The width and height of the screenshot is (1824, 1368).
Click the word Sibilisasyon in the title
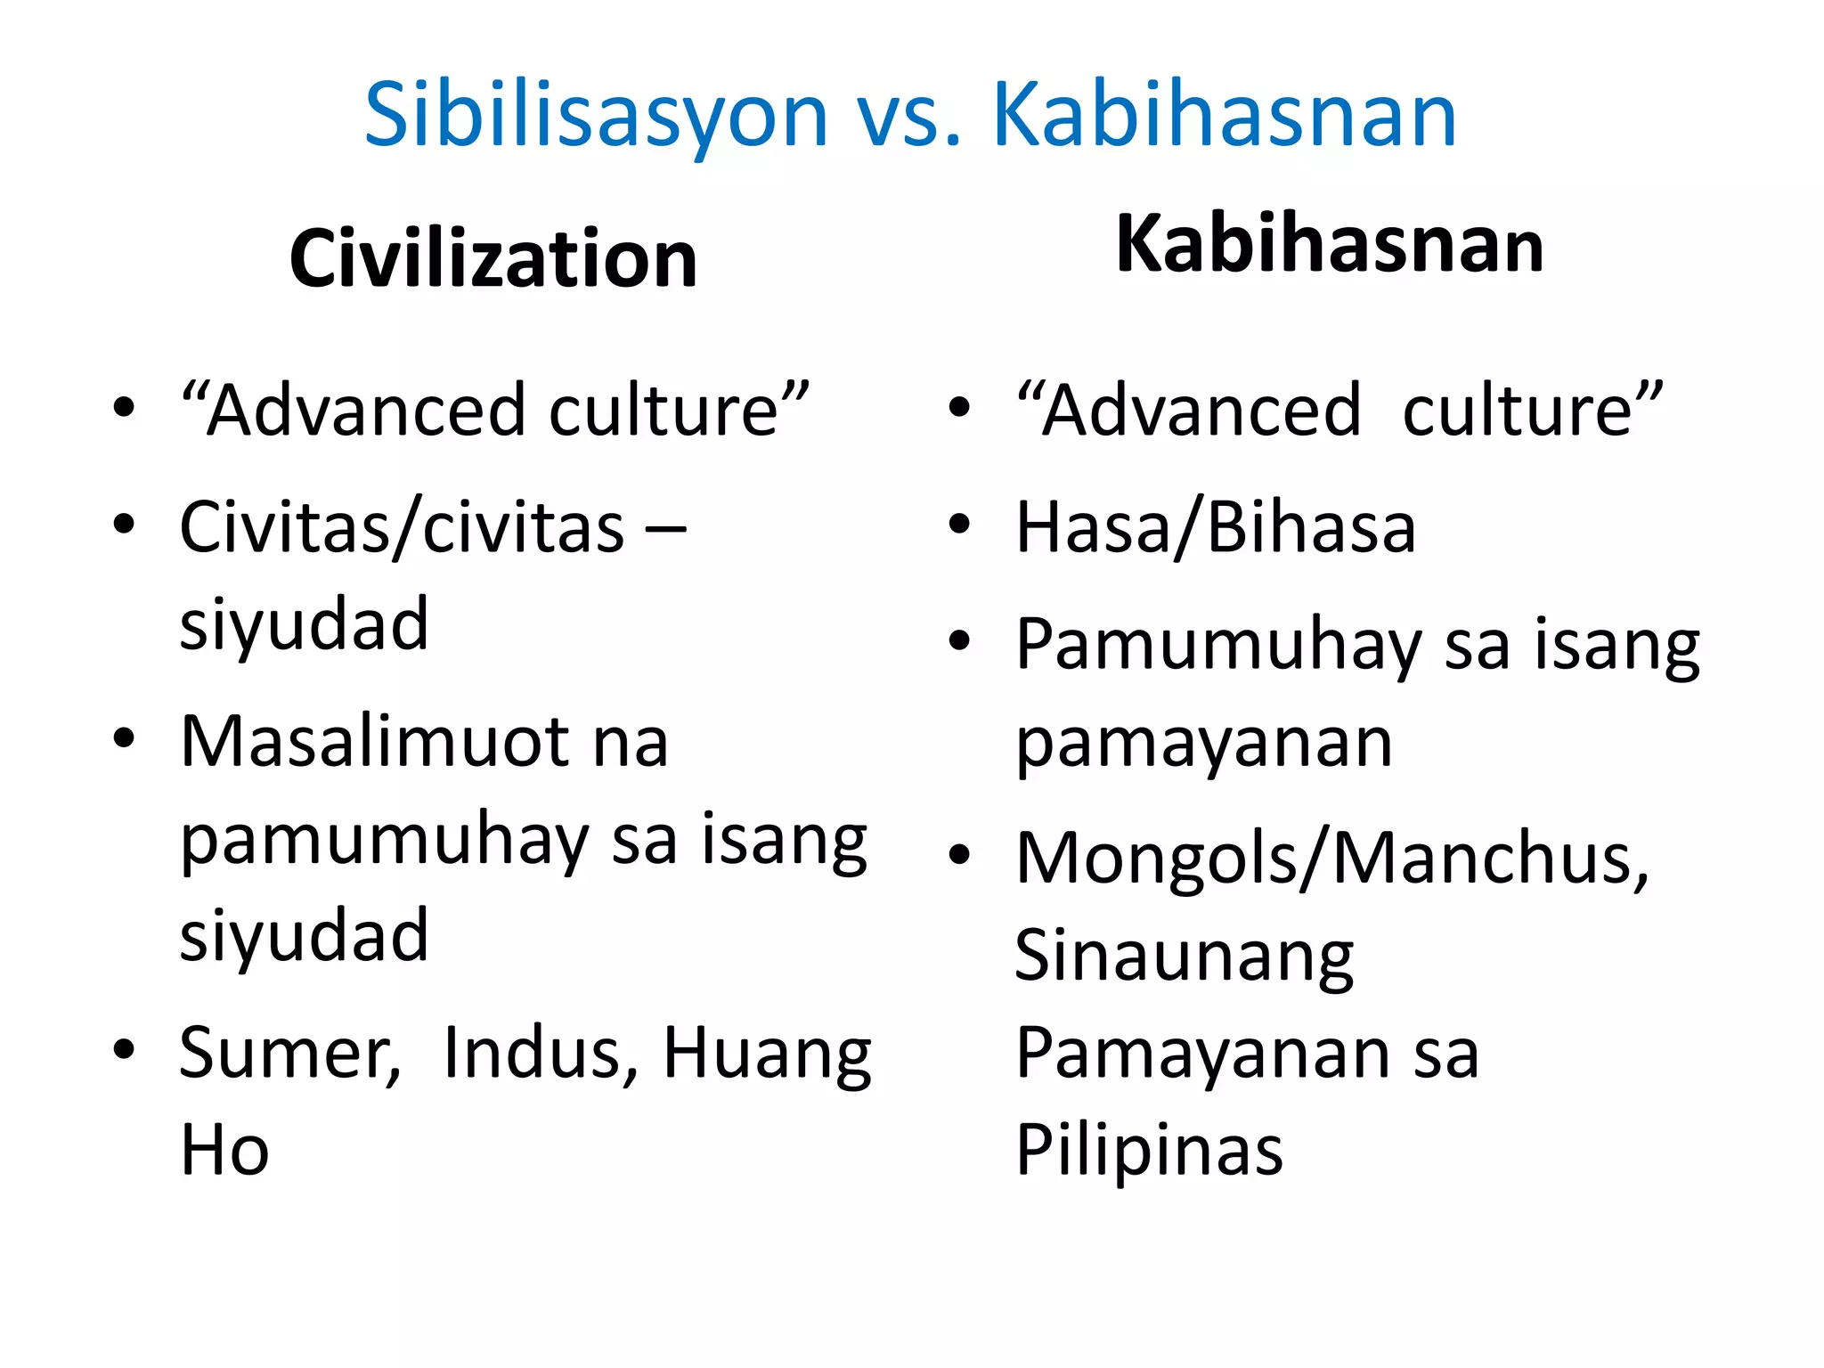[596, 116]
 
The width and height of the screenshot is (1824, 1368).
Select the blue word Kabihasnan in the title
[1224, 116]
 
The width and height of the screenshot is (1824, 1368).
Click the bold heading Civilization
[493, 259]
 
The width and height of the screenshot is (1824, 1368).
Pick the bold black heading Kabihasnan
[1329, 245]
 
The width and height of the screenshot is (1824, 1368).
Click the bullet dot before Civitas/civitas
[124, 525]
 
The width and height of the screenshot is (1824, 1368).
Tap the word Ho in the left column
[224, 1150]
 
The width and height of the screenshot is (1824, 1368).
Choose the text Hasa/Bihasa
[1216, 527]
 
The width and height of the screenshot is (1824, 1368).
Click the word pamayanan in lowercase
[1204, 743]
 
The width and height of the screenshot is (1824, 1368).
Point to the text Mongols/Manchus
[1332, 859]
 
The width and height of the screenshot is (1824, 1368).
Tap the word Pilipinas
[1149, 1151]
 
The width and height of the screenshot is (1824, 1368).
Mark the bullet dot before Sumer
[124, 1049]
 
